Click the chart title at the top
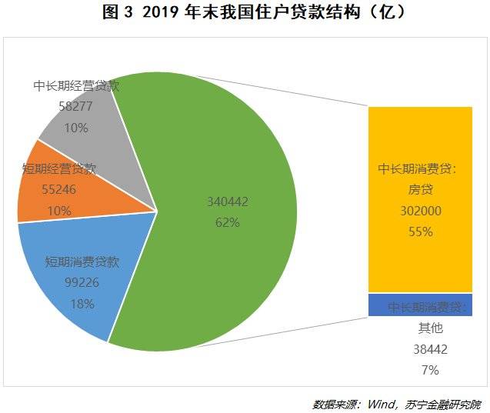coord(244,13)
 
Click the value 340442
coord(228,202)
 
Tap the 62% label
coord(228,222)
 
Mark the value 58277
coord(77,107)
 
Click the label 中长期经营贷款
coord(77,85)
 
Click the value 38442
coord(430,349)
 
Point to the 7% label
coord(430,370)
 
